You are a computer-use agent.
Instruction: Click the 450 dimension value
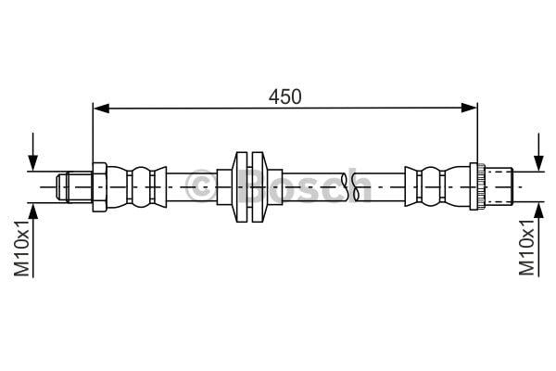[284, 96]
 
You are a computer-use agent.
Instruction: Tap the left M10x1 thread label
[22, 248]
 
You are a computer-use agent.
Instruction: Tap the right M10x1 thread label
[526, 247]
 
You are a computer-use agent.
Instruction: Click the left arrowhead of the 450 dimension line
[101, 109]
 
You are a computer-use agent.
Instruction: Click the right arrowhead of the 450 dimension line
[469, 108]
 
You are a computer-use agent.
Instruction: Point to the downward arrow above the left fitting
[33, 152]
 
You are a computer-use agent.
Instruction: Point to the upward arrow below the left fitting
[33, 240]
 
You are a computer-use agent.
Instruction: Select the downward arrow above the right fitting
[538, 152]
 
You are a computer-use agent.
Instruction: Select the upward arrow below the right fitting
[538, 239]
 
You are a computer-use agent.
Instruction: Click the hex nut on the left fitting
[100, 187]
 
